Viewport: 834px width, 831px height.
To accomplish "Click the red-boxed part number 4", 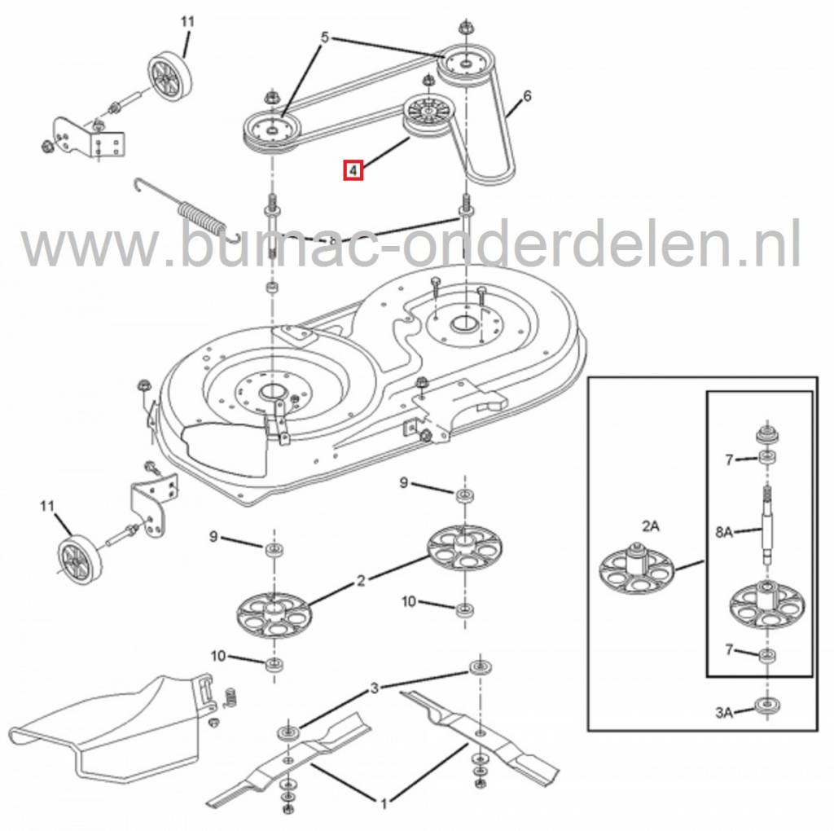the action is (x=353, y=171).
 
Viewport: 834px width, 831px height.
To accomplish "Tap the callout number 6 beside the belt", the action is (x=527, y=96).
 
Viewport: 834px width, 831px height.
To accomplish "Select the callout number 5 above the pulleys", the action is (x=326, y=37).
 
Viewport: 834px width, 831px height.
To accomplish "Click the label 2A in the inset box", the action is (x=650, y=526).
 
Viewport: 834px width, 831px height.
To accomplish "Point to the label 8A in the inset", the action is (x=724, y=532).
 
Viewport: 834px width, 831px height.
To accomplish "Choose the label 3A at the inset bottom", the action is (x=724, y=712).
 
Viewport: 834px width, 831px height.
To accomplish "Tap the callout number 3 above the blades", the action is (x=375, y=688).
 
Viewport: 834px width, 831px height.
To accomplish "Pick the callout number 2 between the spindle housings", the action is (x=361, y=580).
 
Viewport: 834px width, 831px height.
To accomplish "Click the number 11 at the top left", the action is (x=187, y=22).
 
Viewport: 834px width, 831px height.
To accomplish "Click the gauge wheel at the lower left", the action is (x=79, y=561).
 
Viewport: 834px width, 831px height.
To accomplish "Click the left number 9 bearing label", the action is (x=213, y=537).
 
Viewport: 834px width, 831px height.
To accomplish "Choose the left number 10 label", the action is (x=218, y=657).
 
